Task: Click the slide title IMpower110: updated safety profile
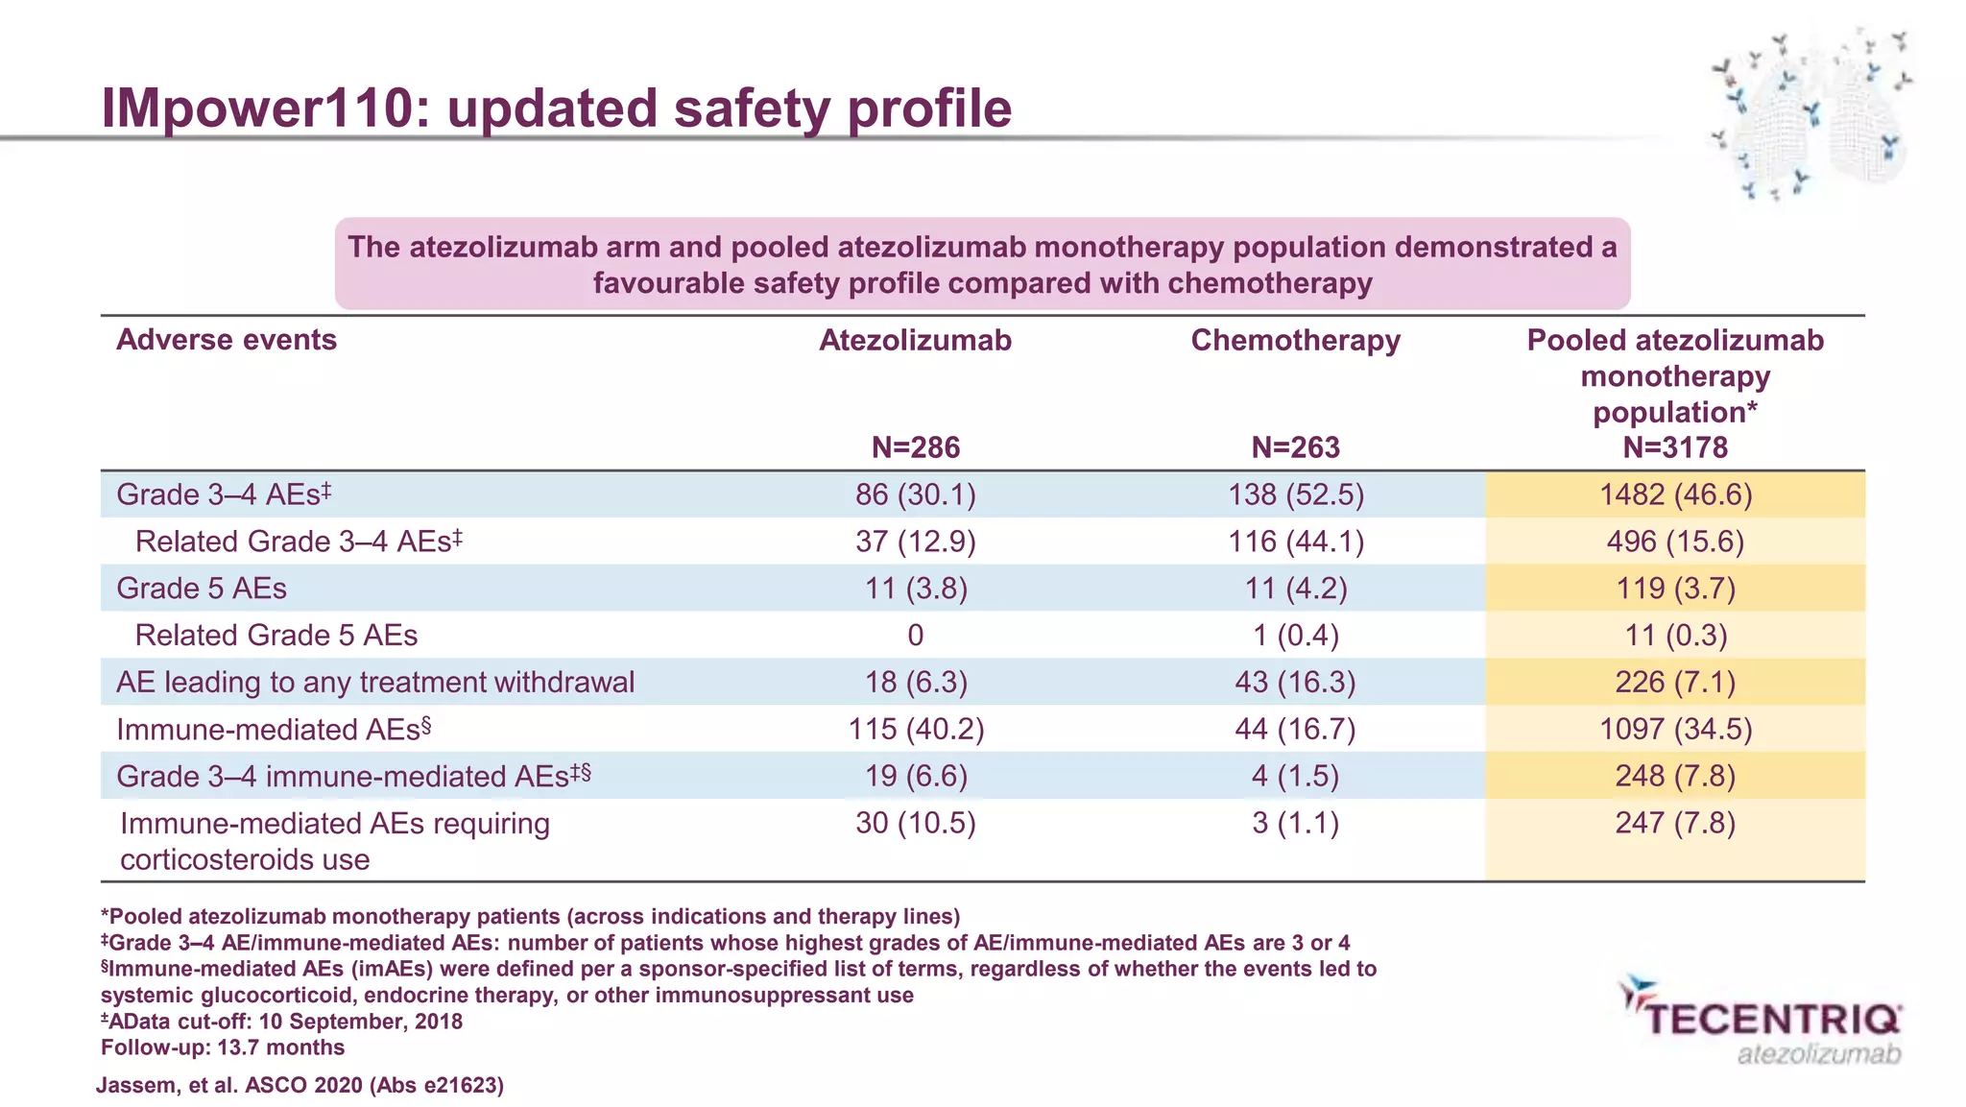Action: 556,108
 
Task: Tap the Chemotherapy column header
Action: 1295,340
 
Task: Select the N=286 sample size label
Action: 915,447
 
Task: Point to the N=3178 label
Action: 1674,447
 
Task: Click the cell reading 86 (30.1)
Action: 915,494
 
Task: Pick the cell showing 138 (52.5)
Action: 1295,494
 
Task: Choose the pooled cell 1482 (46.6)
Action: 1674,494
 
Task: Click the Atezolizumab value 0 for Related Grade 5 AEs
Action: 915,636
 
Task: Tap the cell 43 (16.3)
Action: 1295,683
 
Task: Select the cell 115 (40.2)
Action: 915,730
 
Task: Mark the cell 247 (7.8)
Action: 1674,824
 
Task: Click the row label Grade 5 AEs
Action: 202,589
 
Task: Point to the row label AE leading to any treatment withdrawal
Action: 375,683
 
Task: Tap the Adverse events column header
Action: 227,340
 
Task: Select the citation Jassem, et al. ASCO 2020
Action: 300,1086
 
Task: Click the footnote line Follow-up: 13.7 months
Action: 223,1047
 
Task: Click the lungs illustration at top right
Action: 1810,115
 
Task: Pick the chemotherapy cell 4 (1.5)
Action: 1295,777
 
